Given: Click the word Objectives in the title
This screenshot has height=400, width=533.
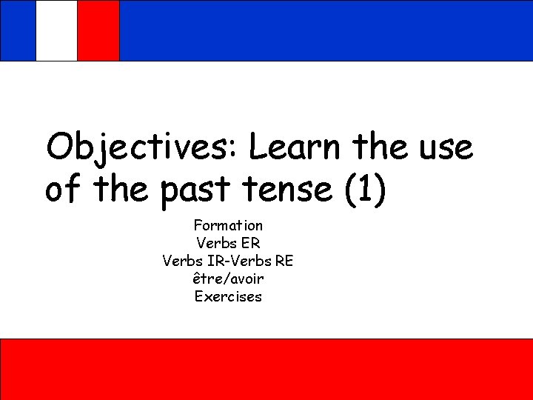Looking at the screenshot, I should [x=139, y=147].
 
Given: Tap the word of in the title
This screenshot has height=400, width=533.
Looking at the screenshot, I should [x=63, y=190].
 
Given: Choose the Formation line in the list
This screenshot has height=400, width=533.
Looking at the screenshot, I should [x=228, y=224].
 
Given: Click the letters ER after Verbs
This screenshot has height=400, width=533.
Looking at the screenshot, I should [x=251, y=242].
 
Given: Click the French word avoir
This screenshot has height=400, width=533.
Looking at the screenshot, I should [x=247, y=279].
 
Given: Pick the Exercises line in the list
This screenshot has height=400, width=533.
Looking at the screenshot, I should [x=228, y=297].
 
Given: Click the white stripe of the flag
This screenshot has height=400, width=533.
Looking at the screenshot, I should [x=56, y=30].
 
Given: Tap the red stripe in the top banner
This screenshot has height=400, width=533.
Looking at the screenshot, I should [x=98, y=30].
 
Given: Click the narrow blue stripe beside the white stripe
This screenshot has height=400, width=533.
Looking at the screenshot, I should [x=18, y=30].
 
